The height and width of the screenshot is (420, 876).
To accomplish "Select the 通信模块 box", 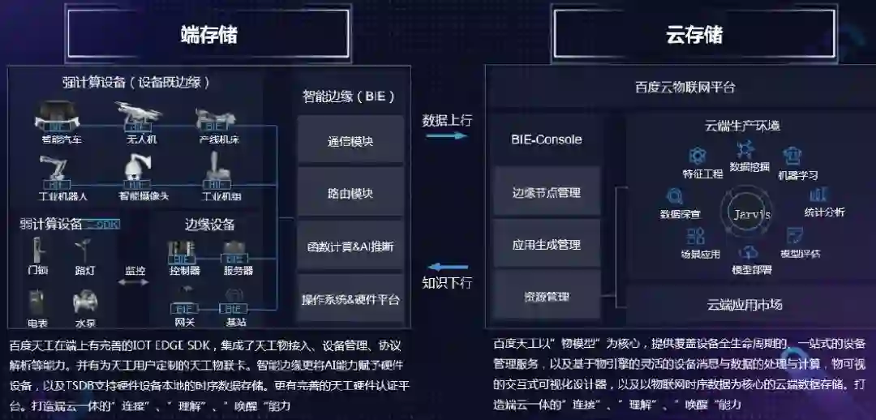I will pyautogui.click(x=350, y=141).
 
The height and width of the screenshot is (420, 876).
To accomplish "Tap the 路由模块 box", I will pyautogui.click(x=350, y=194).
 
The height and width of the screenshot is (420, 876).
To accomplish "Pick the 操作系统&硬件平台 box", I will pyautogui.click(x=350, y=299).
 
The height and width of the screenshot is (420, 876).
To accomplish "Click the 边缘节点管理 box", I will pyautogui.click(x=547, y=192).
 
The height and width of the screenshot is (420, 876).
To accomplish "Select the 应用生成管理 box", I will pyautogui.click(x=547, y=244).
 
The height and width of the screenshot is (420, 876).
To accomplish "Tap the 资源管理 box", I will pyautogui.click(x=547, y=297).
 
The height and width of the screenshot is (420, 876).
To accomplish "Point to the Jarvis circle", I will pyautogui.click(x=752, y=214).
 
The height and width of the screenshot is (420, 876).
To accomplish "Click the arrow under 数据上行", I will pyautogui.click(x=447, y=136).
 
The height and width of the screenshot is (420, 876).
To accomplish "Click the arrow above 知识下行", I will pyautogui.click(x=447, y=267).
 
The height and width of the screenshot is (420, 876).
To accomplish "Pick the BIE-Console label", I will pyautogui.click(x=547, y=139).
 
